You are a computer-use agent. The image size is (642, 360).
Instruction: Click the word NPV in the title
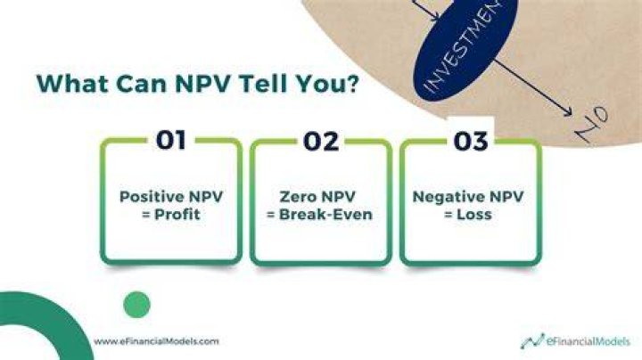coord(204,83)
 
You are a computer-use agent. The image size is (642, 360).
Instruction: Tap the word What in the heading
coord(72,83)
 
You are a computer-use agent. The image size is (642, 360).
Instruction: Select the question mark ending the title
coord(351,83)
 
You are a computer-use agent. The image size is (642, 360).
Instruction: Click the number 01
coord(171,140)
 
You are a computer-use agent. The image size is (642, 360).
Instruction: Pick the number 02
coord(321,141)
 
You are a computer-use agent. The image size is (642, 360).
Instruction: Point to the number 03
coord(471,141)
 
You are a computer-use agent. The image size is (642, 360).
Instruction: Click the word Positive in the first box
coord(151,197)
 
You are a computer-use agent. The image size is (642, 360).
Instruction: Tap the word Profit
coord(177,215)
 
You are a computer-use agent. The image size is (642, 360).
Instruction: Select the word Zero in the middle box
coord(297,197)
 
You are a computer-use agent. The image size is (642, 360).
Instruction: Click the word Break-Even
coord(325,215)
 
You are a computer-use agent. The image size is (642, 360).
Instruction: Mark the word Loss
coord(474,215)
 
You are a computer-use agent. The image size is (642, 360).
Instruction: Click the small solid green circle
coord(136,305)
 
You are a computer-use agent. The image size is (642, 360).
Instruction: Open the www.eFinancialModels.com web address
coord(156,341)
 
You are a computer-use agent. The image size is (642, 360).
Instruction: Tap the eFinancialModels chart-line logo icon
coord(532,340)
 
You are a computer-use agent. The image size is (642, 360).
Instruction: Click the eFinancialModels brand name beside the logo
coord(588,341)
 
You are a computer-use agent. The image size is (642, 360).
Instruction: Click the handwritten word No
coord(592,124)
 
